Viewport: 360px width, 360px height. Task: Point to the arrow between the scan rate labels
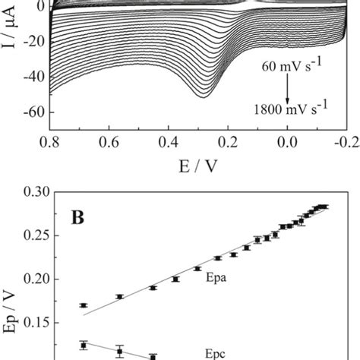pos(289,90)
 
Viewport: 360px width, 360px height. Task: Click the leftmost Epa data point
pos(84,305)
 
